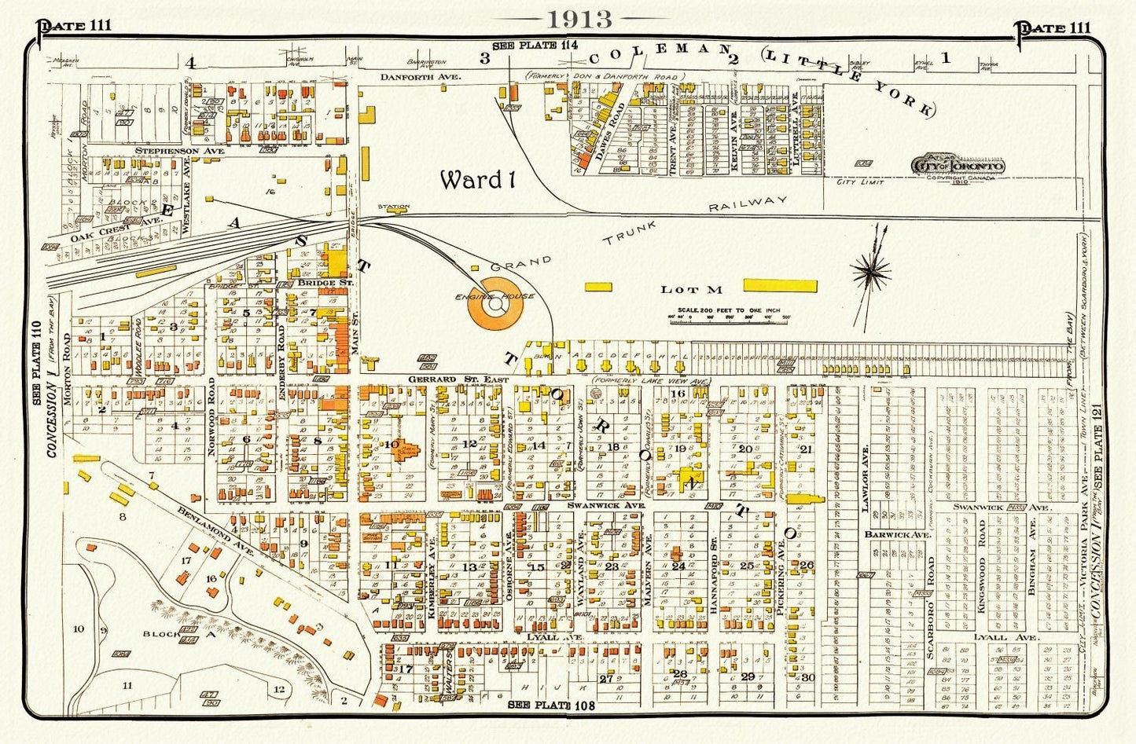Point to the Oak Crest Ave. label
point(115,221)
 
